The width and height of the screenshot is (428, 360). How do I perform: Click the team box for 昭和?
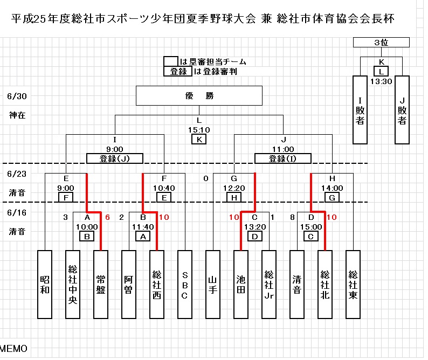pos(45,284)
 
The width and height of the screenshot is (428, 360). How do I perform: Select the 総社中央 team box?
pos(73,284)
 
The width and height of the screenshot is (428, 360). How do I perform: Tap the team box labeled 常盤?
pos(101,284)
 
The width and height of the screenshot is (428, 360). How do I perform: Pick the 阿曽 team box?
pos(128,284)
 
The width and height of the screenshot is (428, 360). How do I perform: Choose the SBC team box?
pos(184,284)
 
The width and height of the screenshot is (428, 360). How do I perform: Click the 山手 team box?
pos(213,284)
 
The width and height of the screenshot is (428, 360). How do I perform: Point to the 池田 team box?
pos(240,284)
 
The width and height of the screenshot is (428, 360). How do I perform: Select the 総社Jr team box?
pos(268,284)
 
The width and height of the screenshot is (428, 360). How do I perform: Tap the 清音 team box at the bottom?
pos(296,284)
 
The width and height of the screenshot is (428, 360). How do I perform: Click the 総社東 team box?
pos(353,284)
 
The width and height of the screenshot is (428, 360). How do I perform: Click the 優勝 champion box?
pos(199,96)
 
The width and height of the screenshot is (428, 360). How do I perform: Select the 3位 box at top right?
pos(381,43)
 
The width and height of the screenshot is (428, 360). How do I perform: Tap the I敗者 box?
pos(360,110)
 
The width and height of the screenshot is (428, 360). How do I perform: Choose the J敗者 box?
pos(402,110)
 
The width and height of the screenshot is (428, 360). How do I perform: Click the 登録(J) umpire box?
pos(114,158)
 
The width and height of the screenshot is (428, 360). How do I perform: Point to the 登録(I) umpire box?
pos(283,158)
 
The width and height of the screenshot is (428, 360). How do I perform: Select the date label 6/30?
pos(17,97)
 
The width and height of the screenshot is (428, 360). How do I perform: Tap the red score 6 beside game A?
pos(107,217)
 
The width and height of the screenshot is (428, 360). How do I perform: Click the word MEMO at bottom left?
pos(13,349)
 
